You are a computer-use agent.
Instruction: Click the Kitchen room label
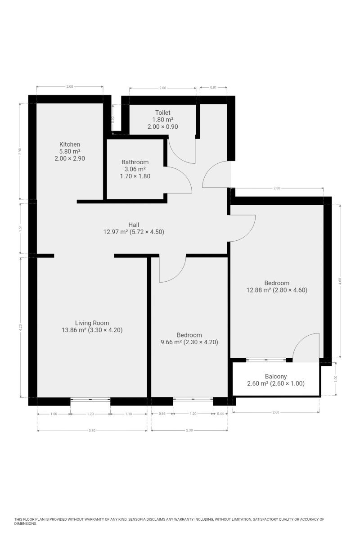click(69, 144)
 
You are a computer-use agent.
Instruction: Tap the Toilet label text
click(163, 112)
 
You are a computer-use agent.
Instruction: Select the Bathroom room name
click(135, 162)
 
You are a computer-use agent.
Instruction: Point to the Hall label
click(134, 225)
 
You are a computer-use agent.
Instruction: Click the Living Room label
click(92, 323)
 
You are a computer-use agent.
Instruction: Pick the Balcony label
click(276, 376)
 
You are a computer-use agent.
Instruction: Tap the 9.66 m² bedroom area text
click(171, 342)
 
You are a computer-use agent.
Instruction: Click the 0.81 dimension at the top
click(213, 87)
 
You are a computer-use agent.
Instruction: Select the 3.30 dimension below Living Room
click(92, 430)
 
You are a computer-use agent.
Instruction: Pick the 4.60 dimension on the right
click(340, 281)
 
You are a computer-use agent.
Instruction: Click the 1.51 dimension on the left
click(20, 228)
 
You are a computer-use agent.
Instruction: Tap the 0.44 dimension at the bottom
click(220, 414)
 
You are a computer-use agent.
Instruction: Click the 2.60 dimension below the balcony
click(275, 412)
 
